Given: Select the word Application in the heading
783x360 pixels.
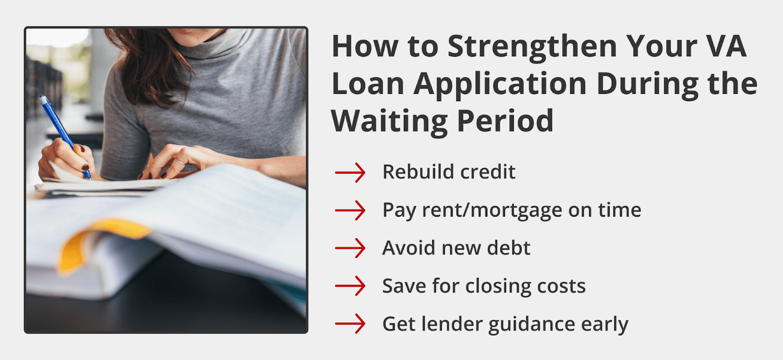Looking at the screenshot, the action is coord(500,84).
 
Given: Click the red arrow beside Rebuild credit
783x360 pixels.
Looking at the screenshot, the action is coord(350,172).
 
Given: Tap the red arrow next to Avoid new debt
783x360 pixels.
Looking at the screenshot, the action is coord(350,248).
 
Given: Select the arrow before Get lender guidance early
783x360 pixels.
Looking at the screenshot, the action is coord(350,324).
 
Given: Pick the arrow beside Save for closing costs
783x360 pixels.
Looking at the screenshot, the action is coord(350,286).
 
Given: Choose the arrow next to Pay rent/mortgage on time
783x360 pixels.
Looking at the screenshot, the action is coord(350,210).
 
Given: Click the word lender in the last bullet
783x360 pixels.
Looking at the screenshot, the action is coord(452,324).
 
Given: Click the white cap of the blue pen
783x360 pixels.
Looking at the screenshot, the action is coord(43,99).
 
